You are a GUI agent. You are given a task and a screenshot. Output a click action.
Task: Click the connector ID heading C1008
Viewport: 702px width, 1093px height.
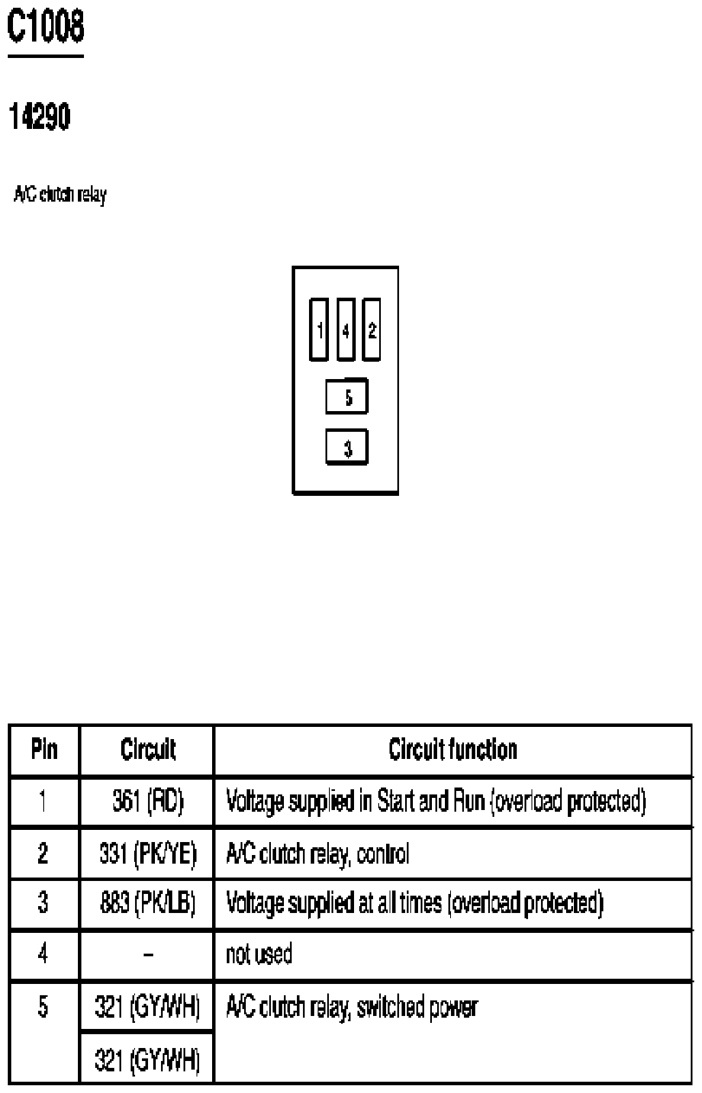pyautogui.click(x=46, y=27)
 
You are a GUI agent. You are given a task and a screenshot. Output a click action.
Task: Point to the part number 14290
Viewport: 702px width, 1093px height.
pyautogui.click(x=40, y=116)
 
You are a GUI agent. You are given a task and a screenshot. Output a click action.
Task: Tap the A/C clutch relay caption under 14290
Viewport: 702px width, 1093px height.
pyautogui.click(x=60, y=195)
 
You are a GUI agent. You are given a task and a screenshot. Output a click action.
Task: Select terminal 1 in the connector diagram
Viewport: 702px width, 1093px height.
pyautogui.click(x=319, y=330)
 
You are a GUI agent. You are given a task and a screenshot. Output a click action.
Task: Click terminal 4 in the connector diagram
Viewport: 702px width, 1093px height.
pyautogui.click(x=345, y=330)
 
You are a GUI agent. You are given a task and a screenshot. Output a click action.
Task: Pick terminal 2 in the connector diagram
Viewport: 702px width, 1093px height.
pyautogui.click(x=371, y=330)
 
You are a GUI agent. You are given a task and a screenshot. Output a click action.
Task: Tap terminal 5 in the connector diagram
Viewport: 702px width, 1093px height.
pyautogui.click(x=347, y=396)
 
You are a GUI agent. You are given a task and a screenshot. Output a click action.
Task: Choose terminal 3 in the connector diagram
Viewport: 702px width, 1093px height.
pyautogui.click(x=347, y=447)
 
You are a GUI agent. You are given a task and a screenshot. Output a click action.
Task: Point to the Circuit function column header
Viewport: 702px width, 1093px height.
pyautogui.click(x=453, y=749)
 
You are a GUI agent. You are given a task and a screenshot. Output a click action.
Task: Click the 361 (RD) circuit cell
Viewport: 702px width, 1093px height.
pyautogui.click(x=148, y=801)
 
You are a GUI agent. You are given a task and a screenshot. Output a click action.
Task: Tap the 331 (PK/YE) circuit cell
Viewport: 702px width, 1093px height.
pyautogui.click(x=148, y=853)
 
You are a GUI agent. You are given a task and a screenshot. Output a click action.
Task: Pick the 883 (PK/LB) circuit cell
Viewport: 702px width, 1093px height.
pyautogui.click(x=148, y=903)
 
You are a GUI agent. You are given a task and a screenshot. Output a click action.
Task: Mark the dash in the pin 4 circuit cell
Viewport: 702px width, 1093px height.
pyautogui.click(x=148, y=954)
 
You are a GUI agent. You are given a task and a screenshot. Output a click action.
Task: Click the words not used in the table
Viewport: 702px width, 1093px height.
pyautogui.click(x=259, y=954)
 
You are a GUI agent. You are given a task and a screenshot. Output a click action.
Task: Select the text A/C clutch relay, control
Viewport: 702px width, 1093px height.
pyautogui.click(x=318, y=854)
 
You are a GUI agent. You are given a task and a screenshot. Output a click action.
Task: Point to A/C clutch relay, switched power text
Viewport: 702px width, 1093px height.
pyautogui.click(x=352, y=1006)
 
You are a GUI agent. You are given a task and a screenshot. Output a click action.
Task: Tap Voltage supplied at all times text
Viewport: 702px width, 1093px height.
pyautogui.click(x=334, y=903)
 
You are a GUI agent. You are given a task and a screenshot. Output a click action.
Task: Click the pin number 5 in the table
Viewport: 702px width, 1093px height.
pyautogui.click(x=43, y=1006)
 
